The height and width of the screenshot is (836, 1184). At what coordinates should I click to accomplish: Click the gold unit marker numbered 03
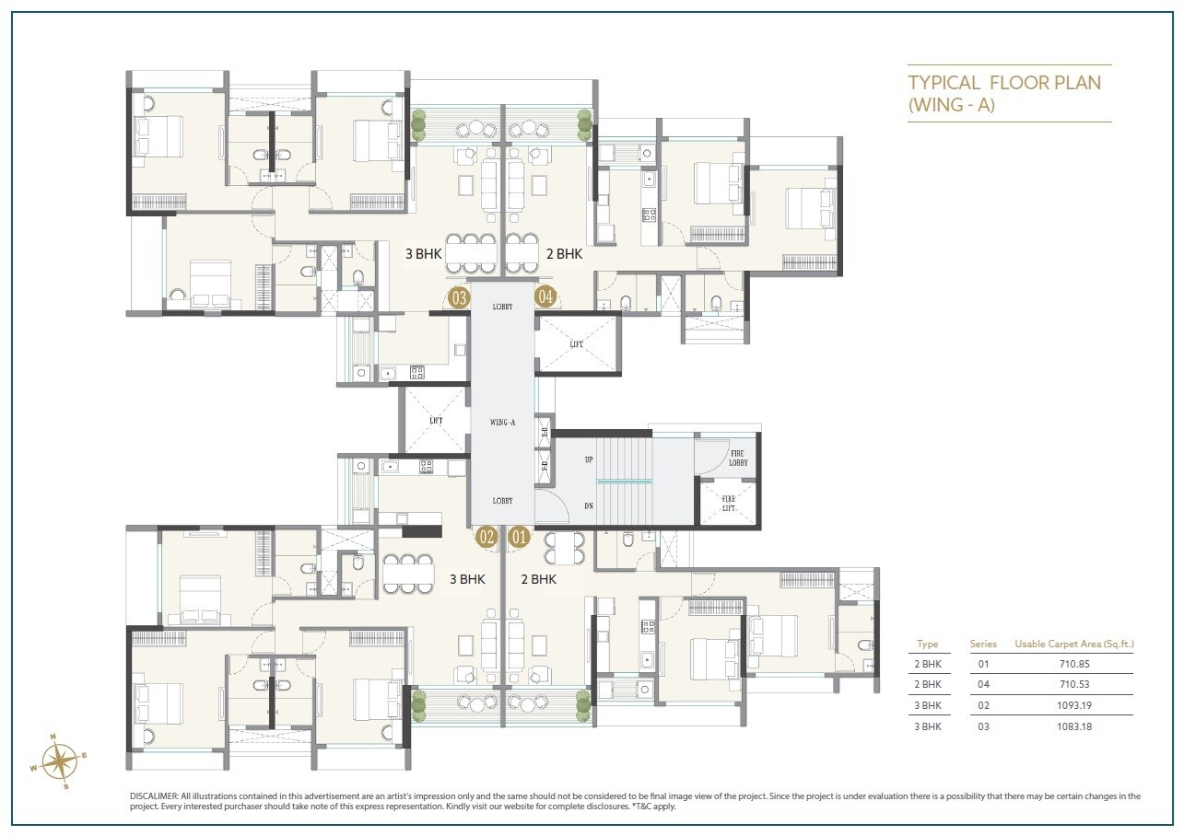[x=458, y=296]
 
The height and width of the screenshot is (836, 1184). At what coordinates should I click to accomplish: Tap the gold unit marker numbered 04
[x=546, y=296]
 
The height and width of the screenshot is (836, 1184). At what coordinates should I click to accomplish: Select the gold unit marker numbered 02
[x=486, y=536]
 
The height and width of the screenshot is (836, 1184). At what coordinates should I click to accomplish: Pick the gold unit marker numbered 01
[x=519, y=536]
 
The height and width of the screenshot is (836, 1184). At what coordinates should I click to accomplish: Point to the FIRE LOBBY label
[x=737, y=458]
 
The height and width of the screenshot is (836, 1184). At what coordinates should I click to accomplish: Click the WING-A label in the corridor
[x=502, y=422]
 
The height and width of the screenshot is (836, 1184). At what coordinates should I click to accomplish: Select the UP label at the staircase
[x=588, y=459]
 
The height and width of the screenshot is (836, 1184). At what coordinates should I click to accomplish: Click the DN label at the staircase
[x=588, y=505]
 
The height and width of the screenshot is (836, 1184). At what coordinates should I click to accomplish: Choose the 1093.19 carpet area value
[x=1073, y=705]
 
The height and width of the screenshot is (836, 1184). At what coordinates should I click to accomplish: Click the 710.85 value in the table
[x=1073, y=663]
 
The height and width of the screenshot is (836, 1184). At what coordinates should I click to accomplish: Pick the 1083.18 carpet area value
[x=1073, y=726]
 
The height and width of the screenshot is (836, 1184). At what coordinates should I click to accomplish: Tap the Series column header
[x=983, y=644]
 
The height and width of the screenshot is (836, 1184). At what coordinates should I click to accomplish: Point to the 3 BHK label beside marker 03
[x=422, y=253]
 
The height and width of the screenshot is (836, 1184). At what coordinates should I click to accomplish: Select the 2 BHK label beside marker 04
[x=564, y=253]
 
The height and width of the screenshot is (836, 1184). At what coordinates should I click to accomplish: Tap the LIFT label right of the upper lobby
[x=576, y=343]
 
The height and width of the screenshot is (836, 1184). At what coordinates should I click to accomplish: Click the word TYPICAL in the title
[x=944, y=83]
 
